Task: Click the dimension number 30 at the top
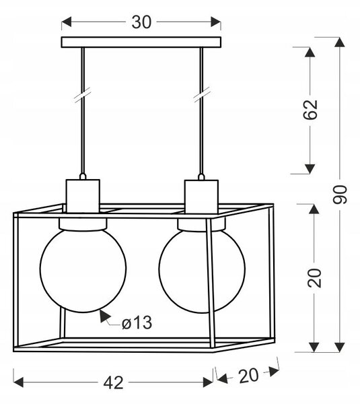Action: coord(141,22)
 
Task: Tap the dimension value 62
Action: coord(310,110)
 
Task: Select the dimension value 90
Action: coord(340,195)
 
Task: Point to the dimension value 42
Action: coord(113,383)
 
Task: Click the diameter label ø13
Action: coord(137,323)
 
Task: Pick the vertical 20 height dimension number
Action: coord(314,278)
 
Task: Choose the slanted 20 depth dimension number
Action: coord(248,376)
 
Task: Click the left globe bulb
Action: coord(83,270)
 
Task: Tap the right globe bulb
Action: coord(202,271)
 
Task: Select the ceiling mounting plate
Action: coord(141,42)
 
